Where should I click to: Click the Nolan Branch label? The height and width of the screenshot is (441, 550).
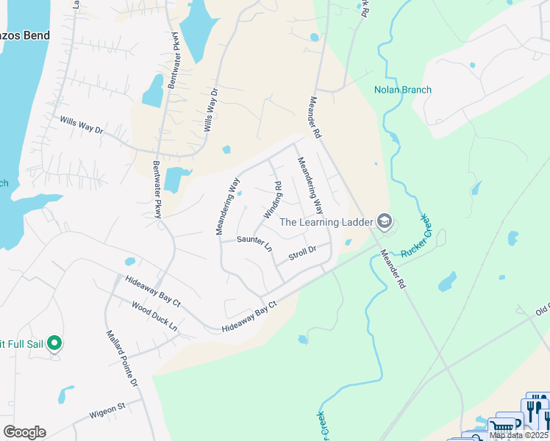point(402,90)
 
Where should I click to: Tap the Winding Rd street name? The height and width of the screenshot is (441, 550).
point(273,200)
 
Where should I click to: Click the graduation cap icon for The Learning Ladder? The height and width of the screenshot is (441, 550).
point(384,221)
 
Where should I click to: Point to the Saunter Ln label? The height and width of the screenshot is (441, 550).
point(254,242)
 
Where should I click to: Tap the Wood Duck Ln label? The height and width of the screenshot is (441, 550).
point(154,315)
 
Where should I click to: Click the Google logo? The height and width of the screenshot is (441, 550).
point(24,432)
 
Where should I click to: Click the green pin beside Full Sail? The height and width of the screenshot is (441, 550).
point(54,343)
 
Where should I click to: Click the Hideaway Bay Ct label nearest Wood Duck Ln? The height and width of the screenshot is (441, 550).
point(153,290)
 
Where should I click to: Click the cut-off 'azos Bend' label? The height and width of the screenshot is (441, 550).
point(26,36)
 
